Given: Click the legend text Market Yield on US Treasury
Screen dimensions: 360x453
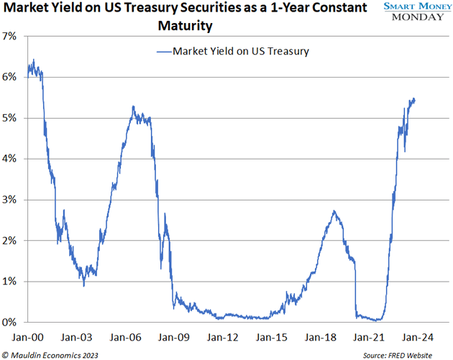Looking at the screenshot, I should coord(241,51).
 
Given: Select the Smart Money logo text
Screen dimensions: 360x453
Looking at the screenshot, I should coord(413,6).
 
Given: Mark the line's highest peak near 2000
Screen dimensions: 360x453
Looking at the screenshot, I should coord(34,60).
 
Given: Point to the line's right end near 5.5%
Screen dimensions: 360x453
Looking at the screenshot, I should coord(414,99).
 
